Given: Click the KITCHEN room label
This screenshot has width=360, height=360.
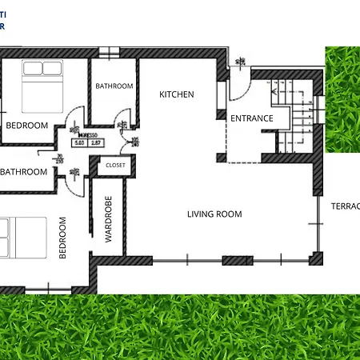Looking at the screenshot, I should click(x=177, y=94).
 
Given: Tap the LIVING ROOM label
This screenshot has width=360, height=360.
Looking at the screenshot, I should click(x=214, y=214).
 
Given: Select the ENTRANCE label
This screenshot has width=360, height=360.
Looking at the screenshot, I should click(x=252, y=118).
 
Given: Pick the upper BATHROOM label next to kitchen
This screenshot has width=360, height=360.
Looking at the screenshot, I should click(x=114, y=86).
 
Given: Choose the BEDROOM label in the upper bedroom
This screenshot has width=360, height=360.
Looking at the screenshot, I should click(x=27, y=126).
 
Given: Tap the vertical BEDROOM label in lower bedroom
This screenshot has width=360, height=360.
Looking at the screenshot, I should click(x=63, y=237).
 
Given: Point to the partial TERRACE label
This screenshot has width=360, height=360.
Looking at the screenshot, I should click(x=345, y=206).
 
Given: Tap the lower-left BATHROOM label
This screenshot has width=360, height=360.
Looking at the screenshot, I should click(x=24, y=171).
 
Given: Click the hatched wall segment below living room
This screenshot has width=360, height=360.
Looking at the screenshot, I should click(x=237, y=260).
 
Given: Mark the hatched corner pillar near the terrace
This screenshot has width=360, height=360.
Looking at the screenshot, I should click(x=316, y=258).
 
